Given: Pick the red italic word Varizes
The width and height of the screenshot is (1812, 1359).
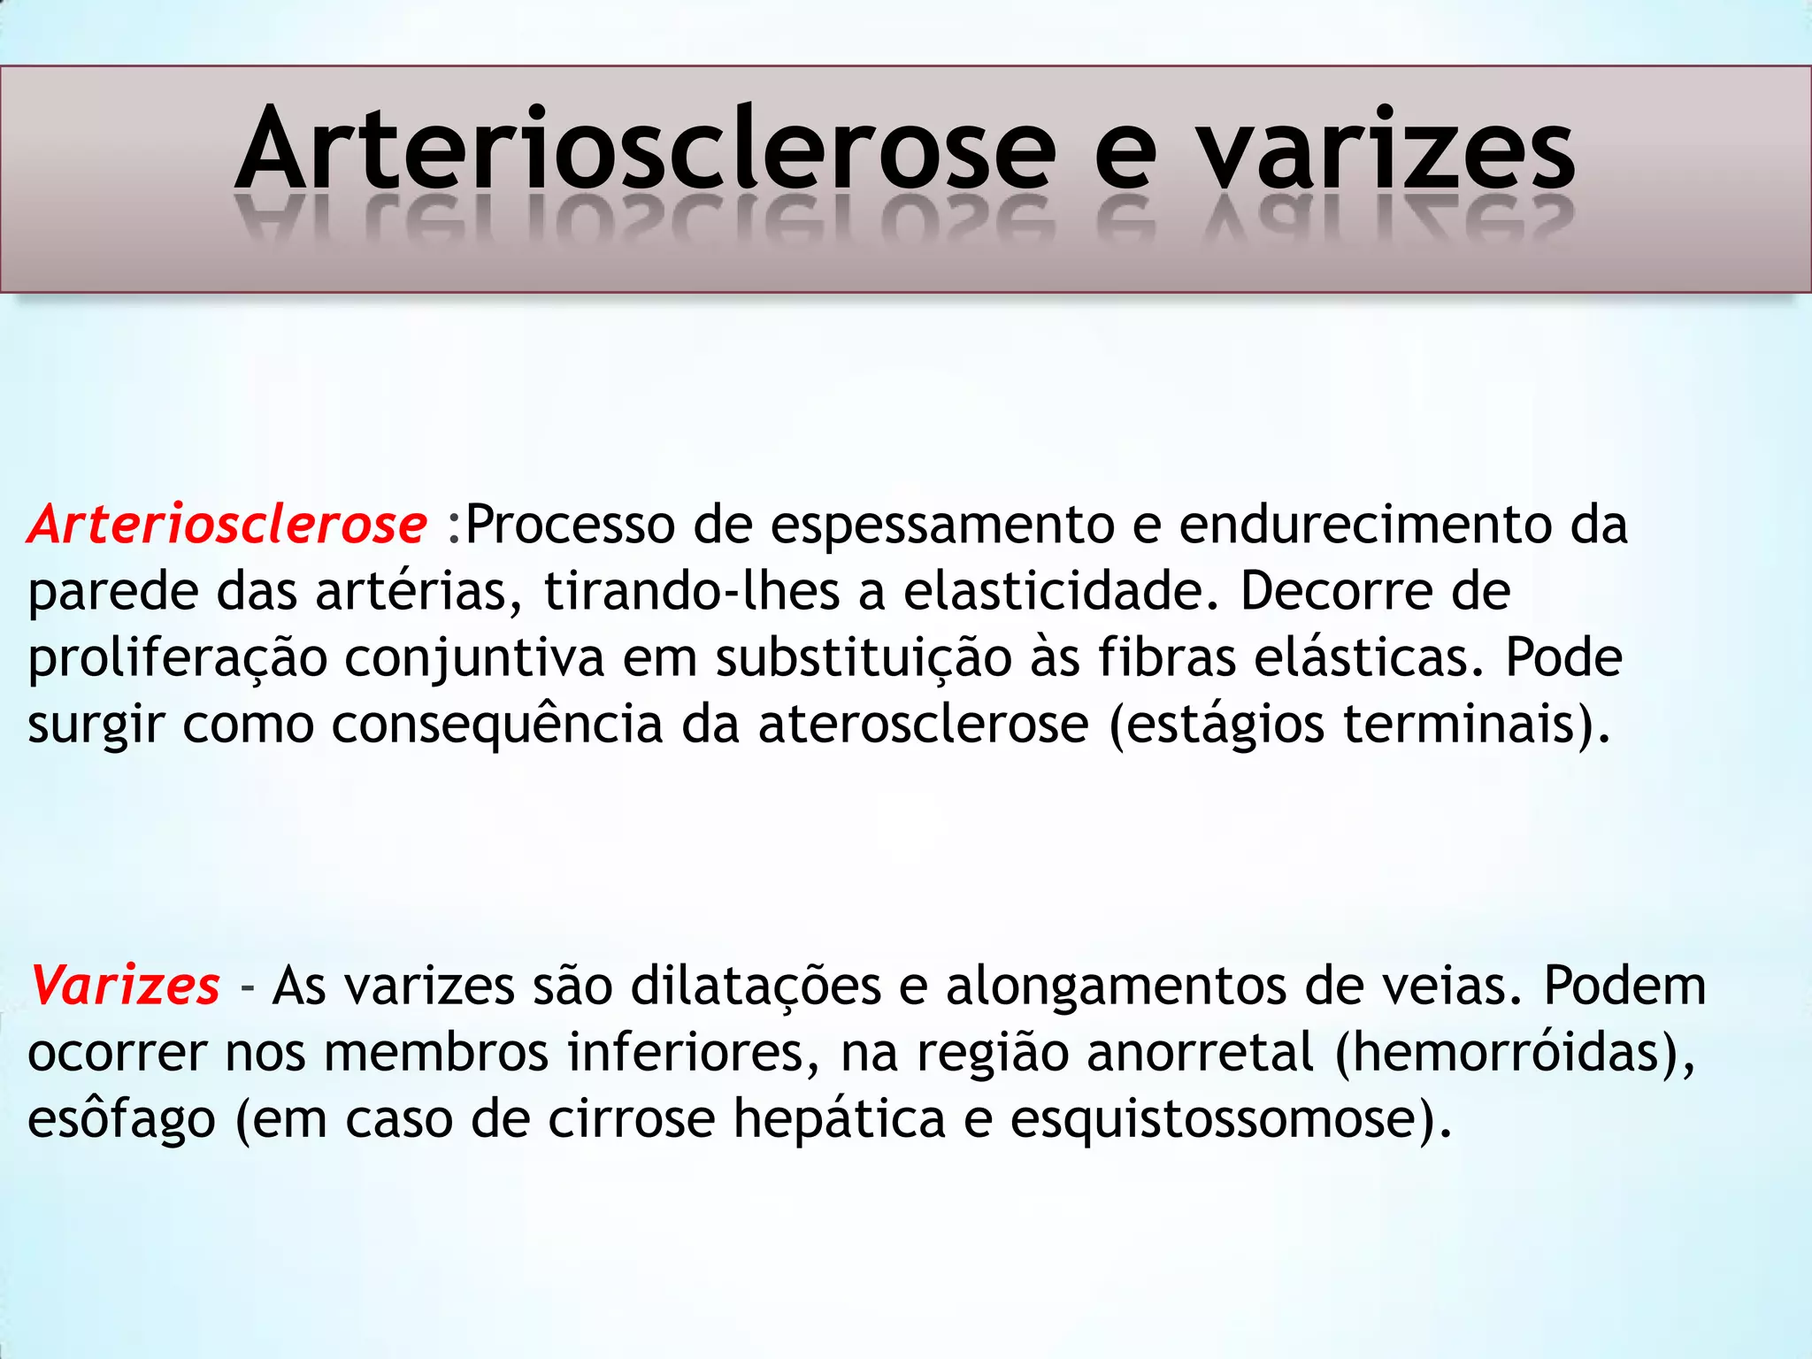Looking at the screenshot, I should click(126, 986).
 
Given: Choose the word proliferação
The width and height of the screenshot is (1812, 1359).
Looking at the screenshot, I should click(177, 659).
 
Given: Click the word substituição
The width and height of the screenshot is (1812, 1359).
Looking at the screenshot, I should click(864, 659).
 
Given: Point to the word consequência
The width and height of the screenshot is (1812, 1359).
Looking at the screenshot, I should click(497, 726).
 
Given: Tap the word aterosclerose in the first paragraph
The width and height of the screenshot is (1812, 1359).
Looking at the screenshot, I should click(923, 724).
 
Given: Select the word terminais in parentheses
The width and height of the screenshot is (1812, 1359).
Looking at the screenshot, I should click(1460, 724).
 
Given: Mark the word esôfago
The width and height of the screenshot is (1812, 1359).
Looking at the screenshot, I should click(121, 1120).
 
